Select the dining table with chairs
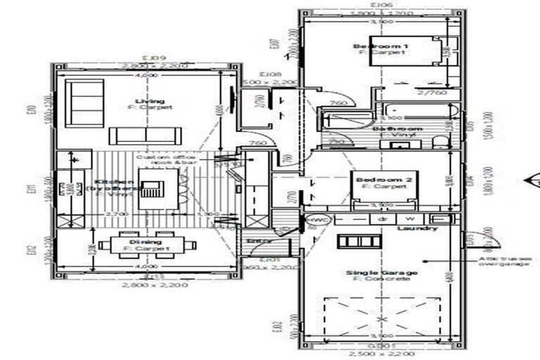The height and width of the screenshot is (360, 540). point(148,245)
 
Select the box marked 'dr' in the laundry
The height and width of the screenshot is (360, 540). point(382,219)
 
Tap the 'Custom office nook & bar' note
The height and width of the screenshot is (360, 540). point(168,159)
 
